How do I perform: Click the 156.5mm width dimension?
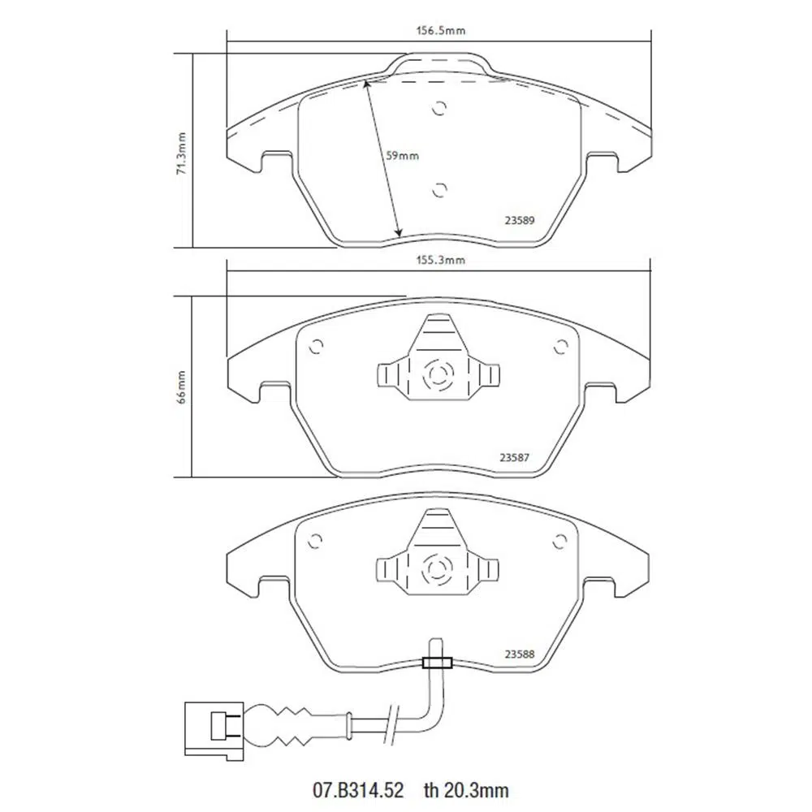pyautogui.click(x=441, y=31)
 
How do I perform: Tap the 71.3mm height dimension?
pyautogui.click(x=182, y=153)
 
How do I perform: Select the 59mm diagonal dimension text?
pyautogui.click(x=403, y=155)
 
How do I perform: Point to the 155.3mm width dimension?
pyautogui.click(x=441, y=260)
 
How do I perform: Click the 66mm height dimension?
pyautogui.click(x=182, y=387)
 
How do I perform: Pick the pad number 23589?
pyautogui.click(x=520, y=220)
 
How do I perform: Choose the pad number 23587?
pyautogui.click(x=514, y=458)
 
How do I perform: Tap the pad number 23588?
pyautogui.click(x=520, y=654)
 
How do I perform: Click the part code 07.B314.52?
pyautogui.click(x=358, y=790)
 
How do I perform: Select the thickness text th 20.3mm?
pyautogui.click(x=466, y=790)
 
